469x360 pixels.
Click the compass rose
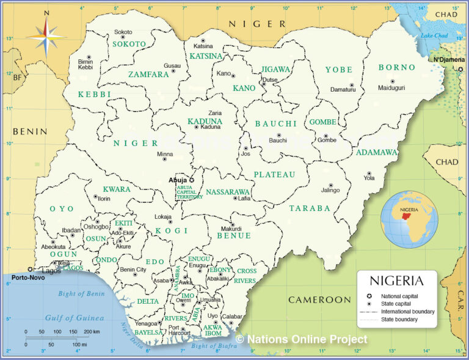(x=46, y=35)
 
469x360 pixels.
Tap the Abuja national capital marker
(x=191, y=180)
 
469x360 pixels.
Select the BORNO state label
(x=397, y=67)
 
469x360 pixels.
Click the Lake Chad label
(x=434, y=36)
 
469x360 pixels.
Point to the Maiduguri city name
(x=391, y=88)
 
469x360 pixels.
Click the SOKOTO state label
(x=129, y=44)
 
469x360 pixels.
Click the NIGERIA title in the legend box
(x=396, y=281)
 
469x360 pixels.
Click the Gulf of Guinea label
(x=75, y=318)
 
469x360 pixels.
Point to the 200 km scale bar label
(x=93, y=332)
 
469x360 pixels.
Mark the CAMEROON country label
(x=319, y=299)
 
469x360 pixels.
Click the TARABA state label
(x=310, y=208)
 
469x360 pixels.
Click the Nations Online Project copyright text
(x=302, y=339)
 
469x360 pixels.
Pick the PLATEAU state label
(x=275, y=175)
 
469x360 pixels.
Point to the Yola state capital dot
(x=368, y=173)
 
